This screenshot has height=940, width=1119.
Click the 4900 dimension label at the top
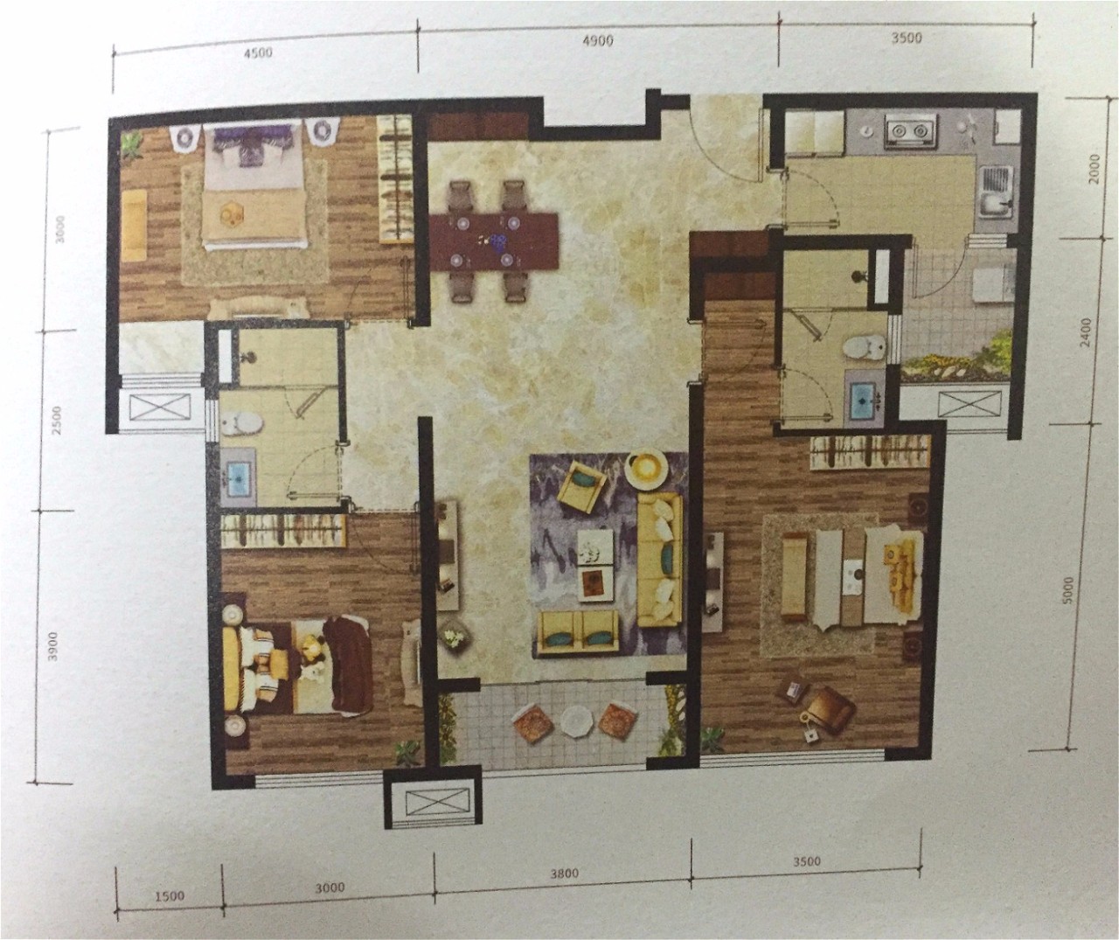598,42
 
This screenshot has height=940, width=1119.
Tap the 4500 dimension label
258,53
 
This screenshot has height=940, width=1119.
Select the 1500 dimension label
170,896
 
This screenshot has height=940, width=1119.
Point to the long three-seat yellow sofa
660,561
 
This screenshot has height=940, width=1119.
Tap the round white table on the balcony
577,721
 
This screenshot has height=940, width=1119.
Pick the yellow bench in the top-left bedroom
134,226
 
